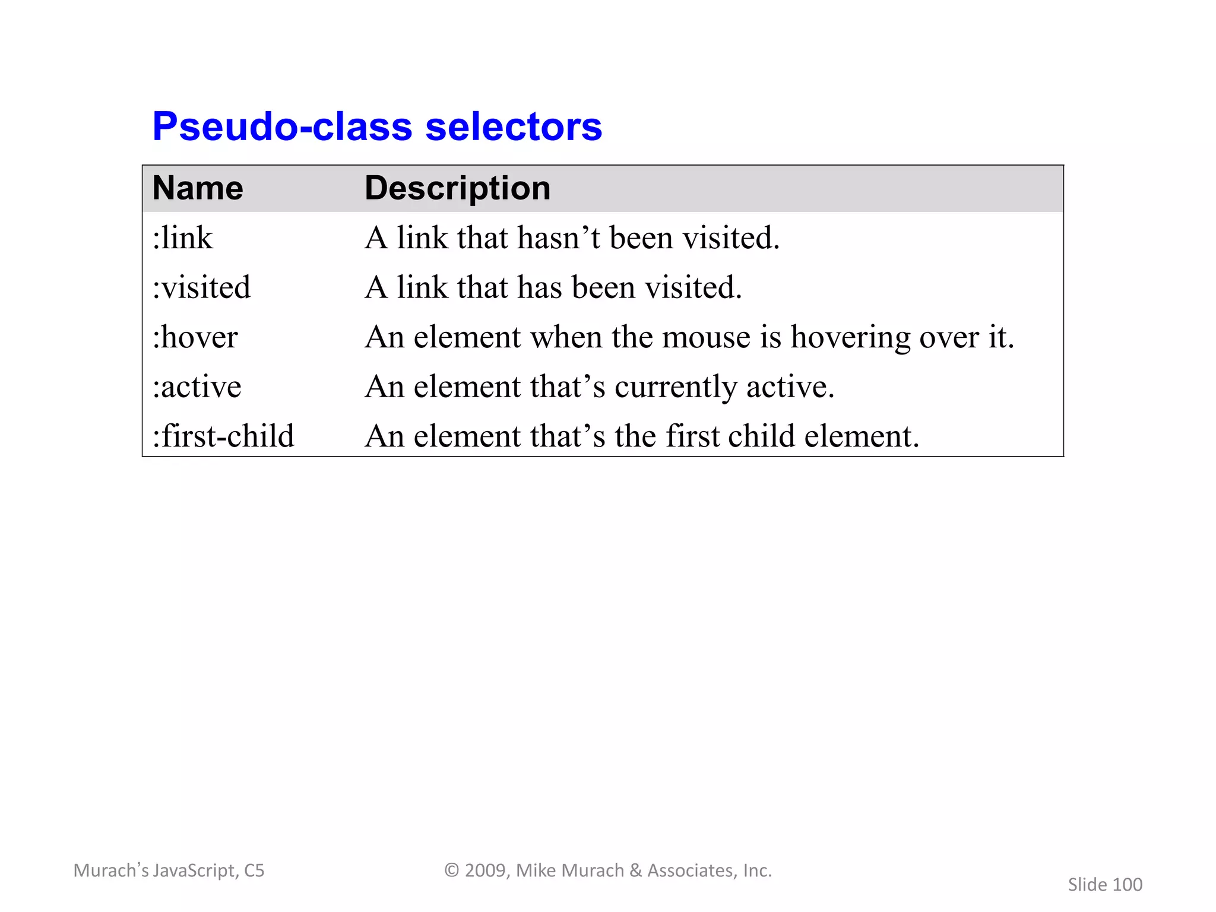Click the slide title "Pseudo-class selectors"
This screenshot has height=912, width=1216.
(377, 126)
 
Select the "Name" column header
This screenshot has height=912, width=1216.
(198, 188)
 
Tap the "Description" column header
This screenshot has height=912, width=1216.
(457, 188)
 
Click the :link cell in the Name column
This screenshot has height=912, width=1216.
(182, 238)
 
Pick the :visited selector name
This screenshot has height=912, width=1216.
(201, 287)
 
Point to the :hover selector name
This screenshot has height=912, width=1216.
(195, 337)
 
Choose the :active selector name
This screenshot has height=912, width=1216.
(197, 387)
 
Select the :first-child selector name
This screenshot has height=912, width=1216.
(223, 436)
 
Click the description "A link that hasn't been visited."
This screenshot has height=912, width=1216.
(572, 238)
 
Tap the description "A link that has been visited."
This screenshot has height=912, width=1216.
(553, 287)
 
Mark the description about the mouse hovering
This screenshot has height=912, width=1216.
(689, 337)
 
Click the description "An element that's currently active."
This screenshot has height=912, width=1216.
(600, 387)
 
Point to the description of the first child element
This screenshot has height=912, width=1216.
(642, 436)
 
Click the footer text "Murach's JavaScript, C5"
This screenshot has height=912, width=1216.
(169, 870)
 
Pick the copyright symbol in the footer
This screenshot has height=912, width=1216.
(452, 870)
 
